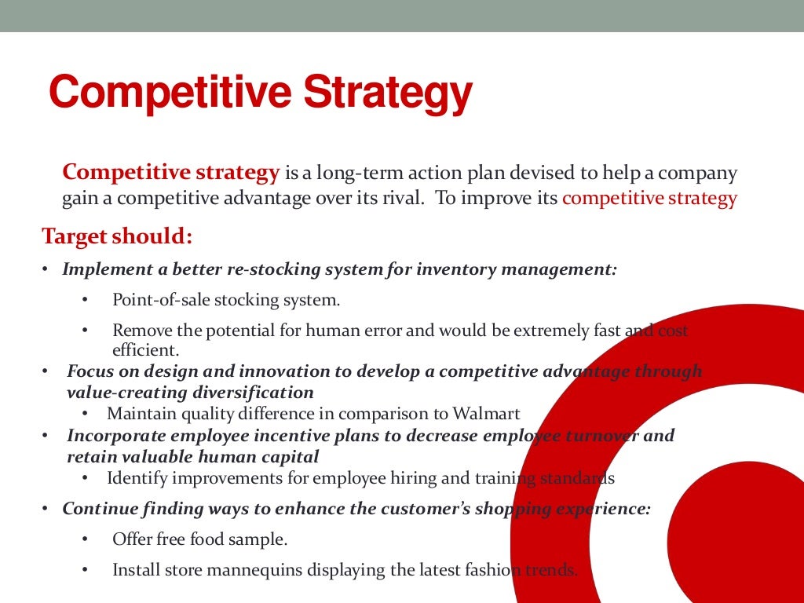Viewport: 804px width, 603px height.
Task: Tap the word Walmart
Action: click(x=484, y=413)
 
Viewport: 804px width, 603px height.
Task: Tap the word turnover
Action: click(x=601, y=435)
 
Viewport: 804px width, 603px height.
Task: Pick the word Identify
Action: click(x=133, y=477)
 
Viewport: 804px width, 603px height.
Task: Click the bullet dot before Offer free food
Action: click(x=85, y=539)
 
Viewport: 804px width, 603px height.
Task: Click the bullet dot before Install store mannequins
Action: click(x=85, y=570)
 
